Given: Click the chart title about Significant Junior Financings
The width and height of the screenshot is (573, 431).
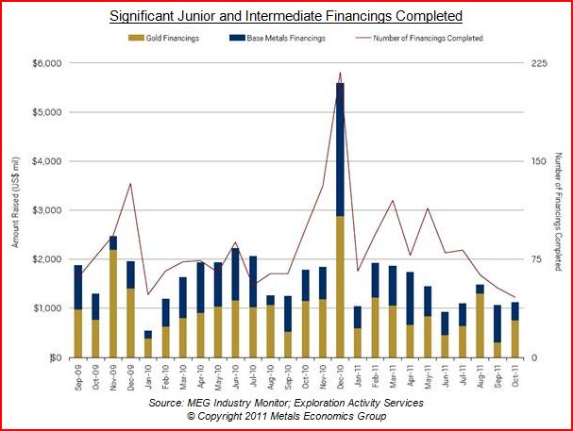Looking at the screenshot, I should click(x=285, y=16).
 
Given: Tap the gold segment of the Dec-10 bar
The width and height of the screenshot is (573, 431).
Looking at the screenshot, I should click(x=340, y=287).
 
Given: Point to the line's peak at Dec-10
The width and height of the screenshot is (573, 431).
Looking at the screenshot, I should click(x=340, y=73).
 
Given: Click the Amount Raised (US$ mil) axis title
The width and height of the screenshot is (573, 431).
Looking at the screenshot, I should click(x=16, y=209).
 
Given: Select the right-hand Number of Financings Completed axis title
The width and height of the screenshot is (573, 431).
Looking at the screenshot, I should click(x=558, y=209).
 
